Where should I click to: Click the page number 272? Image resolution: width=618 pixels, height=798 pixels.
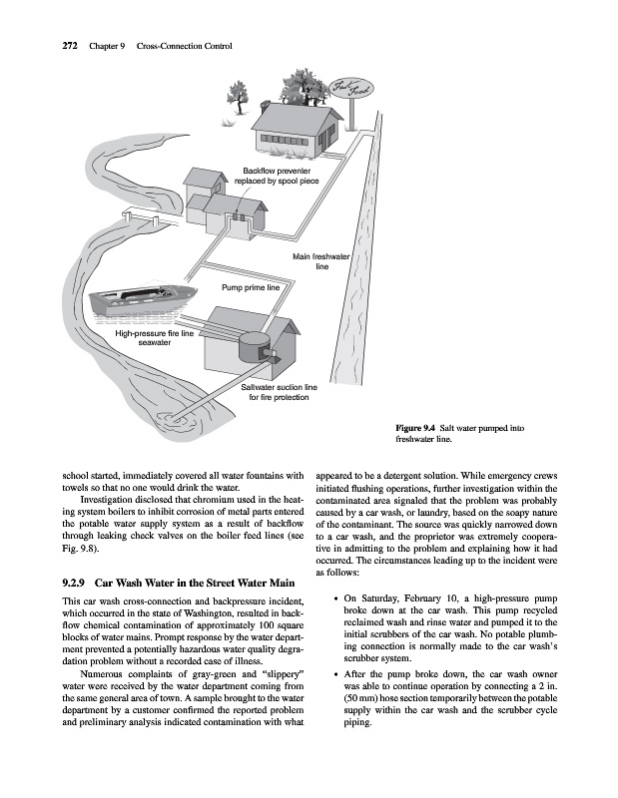69,46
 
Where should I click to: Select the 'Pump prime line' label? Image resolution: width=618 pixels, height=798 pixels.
251,287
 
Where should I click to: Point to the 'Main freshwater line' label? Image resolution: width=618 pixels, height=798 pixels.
321,261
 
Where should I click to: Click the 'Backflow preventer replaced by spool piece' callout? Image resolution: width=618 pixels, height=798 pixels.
277,177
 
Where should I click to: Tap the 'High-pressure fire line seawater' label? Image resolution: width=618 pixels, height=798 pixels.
155,338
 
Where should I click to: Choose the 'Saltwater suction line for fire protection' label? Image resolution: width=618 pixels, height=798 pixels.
279,392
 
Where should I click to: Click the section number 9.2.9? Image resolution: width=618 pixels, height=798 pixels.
76,583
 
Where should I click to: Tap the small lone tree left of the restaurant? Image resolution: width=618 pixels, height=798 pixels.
238,98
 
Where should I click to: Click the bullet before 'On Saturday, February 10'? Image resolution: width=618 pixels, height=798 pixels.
335,599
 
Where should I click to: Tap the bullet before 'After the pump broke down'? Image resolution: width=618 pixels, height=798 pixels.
335,675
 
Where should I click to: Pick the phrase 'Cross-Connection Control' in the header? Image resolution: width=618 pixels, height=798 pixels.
185,46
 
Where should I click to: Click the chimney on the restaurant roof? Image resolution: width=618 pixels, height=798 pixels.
264,106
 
